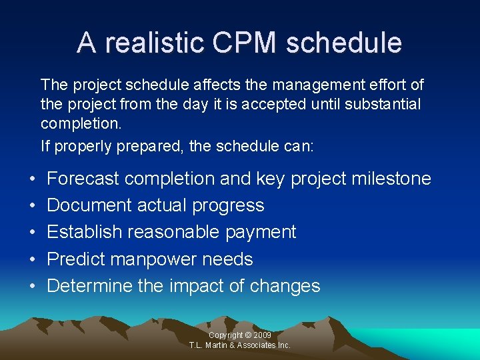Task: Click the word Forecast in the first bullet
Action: pos(83,179)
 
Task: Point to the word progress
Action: pos(228,206)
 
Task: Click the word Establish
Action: pos(85,233)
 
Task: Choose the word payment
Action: pos(261,233)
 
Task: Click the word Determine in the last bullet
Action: pos(89,286)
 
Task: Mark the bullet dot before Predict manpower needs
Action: pos(33,259)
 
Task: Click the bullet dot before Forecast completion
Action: pos(33,179)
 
